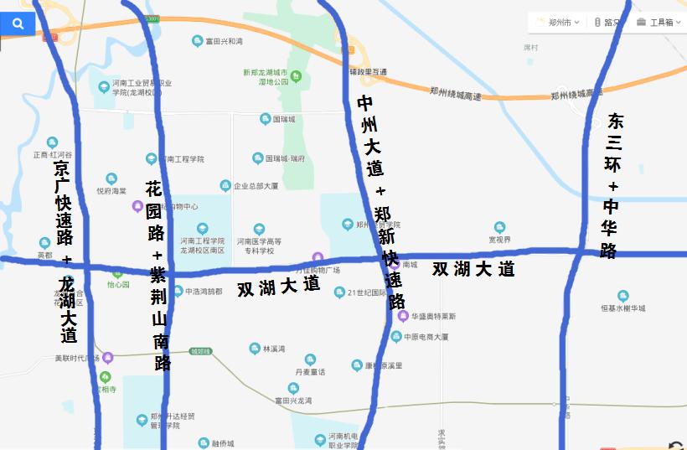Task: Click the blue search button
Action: [18, 24]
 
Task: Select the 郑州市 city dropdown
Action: [560, 22]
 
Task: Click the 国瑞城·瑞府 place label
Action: [285, 158]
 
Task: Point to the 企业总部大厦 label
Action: [256, 186]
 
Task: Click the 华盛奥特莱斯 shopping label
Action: [433, 317]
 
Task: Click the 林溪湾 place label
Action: [274, 349]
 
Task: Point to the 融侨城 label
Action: [222, 443]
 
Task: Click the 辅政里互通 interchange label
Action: [368, 72]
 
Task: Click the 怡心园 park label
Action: [118, 285]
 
